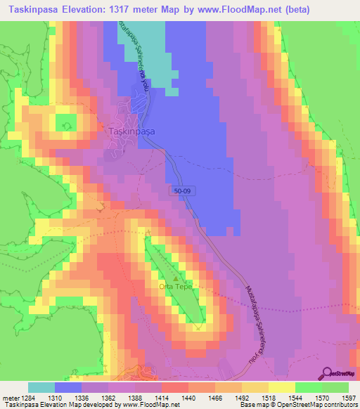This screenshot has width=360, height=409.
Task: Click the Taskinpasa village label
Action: [x=132, y=131]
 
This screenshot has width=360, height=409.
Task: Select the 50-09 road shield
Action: [x=181, y=190]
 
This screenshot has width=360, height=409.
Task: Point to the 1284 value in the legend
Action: [x=29, y=397]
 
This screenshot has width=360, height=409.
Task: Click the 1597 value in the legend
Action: [x=348, y=397]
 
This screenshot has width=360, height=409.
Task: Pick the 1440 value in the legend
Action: [x=188, y=397]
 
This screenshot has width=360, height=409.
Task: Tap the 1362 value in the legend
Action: [x=108, y=397]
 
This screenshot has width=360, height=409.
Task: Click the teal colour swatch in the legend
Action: [x=41, y=387]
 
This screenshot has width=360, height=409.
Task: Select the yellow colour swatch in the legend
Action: [x=281, y=387]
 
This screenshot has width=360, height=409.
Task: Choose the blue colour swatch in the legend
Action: [x=68, y=387]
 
